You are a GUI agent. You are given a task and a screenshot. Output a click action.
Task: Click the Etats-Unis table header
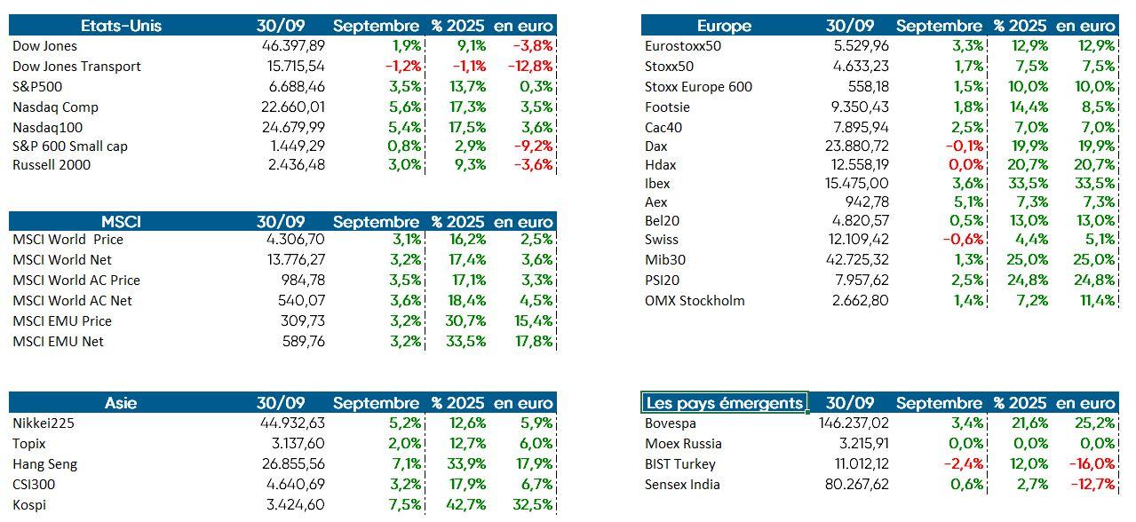click(121, 26)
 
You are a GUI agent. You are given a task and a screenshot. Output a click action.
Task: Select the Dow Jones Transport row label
click(76, 67)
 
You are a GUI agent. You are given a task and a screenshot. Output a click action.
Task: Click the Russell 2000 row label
click(52, 165)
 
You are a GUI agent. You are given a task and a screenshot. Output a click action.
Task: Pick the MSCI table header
click(121, 222)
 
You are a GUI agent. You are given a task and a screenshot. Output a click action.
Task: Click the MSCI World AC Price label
click(76, 281)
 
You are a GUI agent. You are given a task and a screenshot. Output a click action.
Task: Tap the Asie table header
click(121, 403)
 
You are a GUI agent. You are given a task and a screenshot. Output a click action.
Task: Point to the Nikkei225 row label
click(44, 423)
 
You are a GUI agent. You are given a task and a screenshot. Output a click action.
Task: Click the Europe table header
click(724, 26)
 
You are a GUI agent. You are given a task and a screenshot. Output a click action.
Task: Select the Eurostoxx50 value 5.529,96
click(858, 46)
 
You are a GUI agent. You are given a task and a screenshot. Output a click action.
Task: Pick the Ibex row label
click(657, 184)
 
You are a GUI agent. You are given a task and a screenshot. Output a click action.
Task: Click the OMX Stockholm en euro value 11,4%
click(1096, 301)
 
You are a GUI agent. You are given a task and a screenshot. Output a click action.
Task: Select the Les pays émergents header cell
click(724, 403)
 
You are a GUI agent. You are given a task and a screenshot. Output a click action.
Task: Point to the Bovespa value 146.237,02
click(854, 423)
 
